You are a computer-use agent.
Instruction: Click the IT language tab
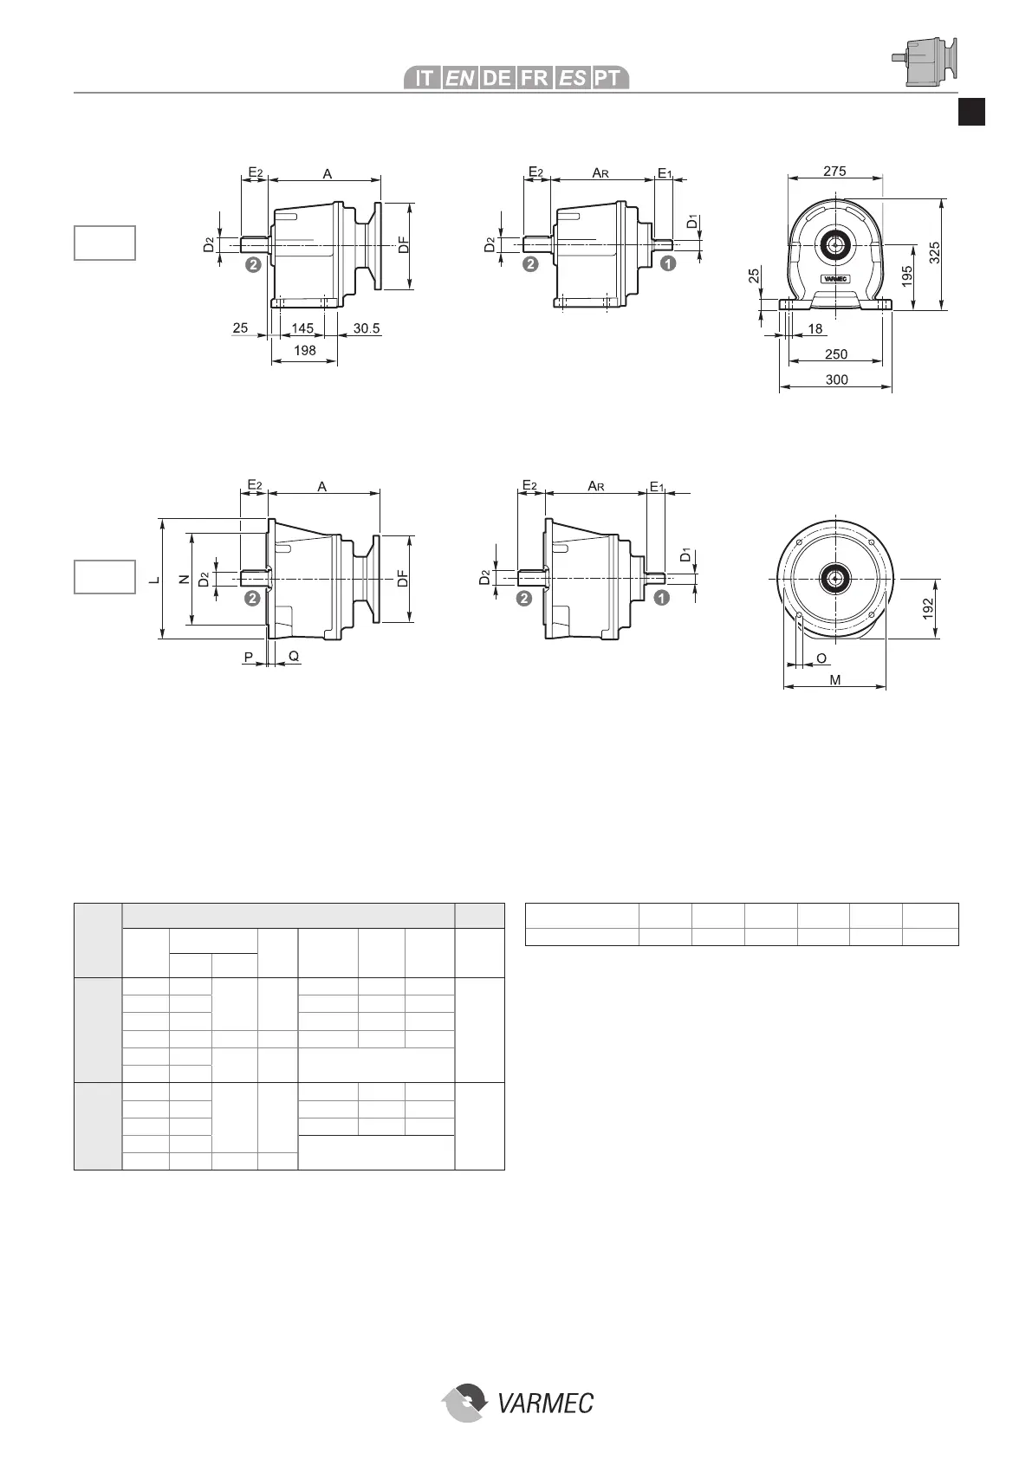click(x=424, y=78)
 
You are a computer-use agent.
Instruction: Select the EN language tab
click(x=460, y=78)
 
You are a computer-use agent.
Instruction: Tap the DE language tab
click(x=497, y=78)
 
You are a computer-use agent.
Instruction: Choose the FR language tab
click(x=535, y=78)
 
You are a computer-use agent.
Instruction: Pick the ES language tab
click(x=572, y=78)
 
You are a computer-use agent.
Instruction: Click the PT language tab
click(x=609, y=78)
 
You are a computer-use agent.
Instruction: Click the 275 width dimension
click(x=834, y=171)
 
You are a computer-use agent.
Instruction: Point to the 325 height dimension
click(x=934, y=253)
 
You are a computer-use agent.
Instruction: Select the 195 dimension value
click(x=907, y=276)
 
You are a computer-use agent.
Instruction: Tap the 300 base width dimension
click(x=836, y=379)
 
